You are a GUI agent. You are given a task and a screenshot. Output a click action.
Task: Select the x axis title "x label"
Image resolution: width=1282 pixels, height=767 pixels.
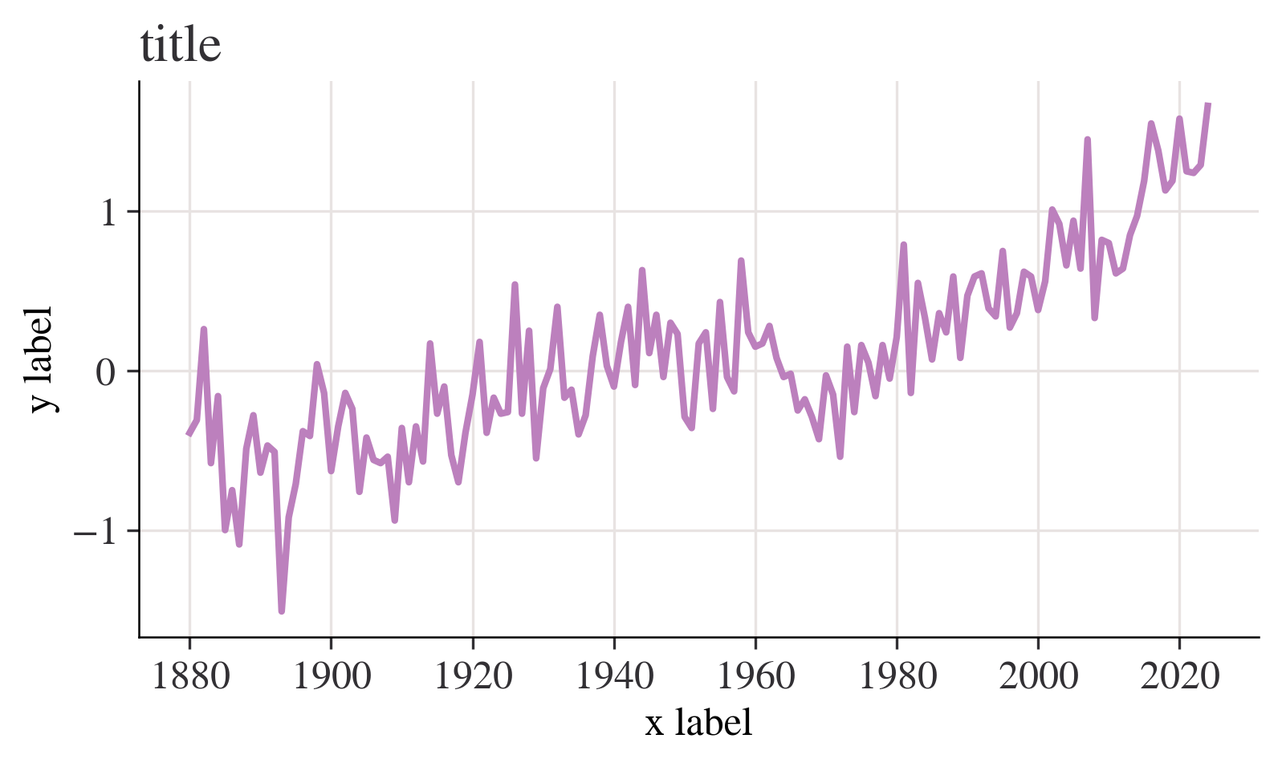click(698, 723)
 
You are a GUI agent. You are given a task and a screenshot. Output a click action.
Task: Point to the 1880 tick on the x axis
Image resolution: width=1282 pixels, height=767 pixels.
click(190, 677)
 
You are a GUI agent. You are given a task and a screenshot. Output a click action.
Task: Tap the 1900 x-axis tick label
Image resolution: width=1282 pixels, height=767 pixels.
click(332, 677)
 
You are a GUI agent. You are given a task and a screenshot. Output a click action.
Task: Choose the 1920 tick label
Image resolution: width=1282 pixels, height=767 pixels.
click(473, 677)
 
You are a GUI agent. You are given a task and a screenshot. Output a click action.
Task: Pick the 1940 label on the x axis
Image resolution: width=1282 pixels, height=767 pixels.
click(614, 677)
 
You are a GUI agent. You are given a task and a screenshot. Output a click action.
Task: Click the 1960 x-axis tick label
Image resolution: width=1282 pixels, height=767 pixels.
click(755, 677)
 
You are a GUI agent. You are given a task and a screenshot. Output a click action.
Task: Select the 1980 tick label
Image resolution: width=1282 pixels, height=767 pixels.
click(897, 677)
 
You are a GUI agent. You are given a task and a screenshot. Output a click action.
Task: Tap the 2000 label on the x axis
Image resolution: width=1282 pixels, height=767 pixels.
click(1038, 677)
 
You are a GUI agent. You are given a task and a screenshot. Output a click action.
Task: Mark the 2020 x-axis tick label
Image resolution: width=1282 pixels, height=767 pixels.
click(1179, 677)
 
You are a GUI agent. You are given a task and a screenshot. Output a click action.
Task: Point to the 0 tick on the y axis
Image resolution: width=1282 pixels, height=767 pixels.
click(106, 372)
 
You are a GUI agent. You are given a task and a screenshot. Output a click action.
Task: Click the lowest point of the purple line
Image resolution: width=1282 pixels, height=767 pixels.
click(282, 611)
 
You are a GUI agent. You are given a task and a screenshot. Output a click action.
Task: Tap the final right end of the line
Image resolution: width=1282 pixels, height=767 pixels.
click(1208, 104)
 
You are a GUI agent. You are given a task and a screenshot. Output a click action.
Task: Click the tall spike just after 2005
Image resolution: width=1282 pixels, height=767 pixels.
click(1087, 140)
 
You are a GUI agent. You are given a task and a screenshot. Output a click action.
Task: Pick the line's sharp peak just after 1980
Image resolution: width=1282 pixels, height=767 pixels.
click(903, 246)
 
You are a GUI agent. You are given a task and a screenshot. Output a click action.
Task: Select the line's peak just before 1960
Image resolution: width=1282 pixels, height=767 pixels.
click(741, 262)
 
